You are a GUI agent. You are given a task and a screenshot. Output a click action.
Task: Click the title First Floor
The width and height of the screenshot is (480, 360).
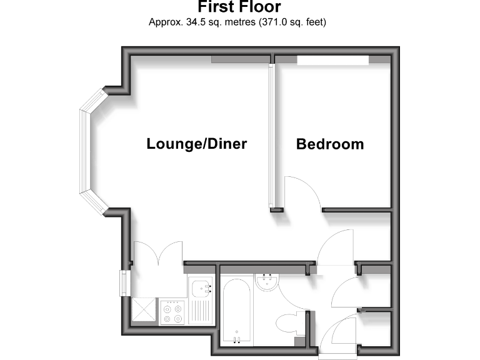(x=239, y=7)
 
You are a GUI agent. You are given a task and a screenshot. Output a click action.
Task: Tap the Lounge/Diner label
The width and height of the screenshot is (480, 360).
(x=197, y=144)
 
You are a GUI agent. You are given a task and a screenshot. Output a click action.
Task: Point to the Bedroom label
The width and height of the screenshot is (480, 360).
(x=330, y=144)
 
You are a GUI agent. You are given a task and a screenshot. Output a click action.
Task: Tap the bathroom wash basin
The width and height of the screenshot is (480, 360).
(x=267, y=282)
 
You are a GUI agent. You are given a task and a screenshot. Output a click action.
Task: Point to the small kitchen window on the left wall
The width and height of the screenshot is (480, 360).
(x=123, y=283)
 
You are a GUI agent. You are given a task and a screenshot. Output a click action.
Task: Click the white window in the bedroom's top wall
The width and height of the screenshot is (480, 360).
(x=332, y=60)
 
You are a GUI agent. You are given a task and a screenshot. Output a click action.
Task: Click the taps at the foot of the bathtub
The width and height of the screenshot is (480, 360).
(x=237, y=339)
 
